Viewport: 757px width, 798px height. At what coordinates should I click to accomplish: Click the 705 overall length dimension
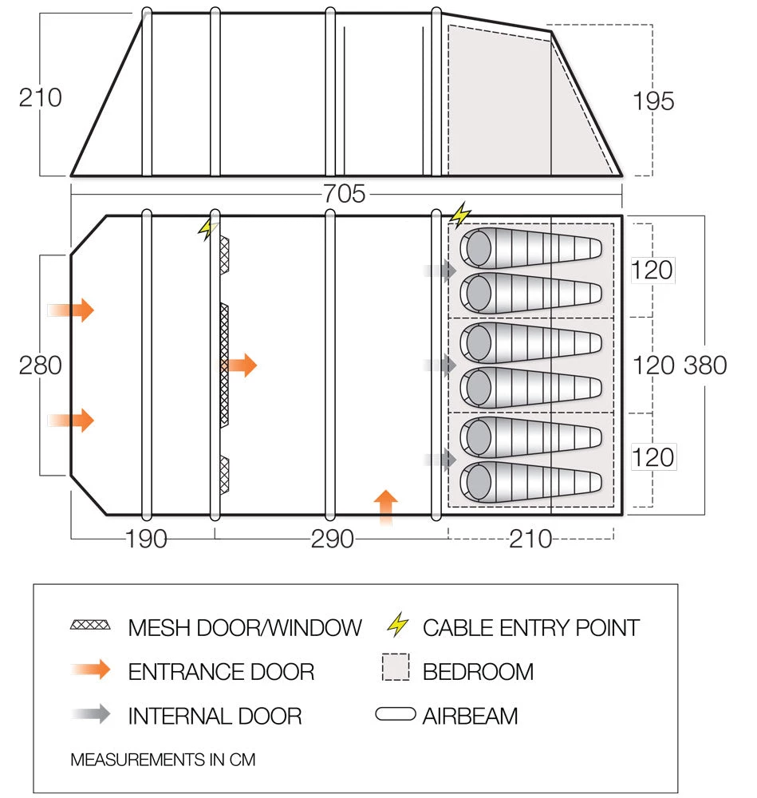tap(345, 194)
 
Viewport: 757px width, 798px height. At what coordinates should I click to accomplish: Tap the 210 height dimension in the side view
tap(40, 97)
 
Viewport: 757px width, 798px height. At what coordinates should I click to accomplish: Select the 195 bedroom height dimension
tap(653, 101)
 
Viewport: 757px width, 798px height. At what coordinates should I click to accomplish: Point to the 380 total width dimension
tap(705, 365)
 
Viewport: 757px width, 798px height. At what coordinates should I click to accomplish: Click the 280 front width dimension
tap(40, 365)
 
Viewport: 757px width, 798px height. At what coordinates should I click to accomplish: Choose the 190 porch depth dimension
tap(146, 539)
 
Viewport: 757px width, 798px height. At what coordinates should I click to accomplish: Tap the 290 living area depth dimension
tap(332, 539)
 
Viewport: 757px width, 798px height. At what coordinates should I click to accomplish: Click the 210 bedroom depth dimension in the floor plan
tap(530, 539)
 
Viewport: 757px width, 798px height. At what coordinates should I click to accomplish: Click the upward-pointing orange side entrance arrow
tap(385, 508)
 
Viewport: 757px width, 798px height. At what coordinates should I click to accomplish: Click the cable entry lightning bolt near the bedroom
tap(460, 214)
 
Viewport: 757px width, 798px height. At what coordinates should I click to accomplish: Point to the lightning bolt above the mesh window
tap(207, 229)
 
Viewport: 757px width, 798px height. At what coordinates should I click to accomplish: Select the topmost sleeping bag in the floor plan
tap(530, 248)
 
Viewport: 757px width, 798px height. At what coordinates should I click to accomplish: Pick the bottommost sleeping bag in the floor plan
tap(530, 482)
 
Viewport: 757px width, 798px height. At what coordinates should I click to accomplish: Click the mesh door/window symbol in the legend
tap(90, 625)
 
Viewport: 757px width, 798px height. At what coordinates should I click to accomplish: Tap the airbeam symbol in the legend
tap(395, 714)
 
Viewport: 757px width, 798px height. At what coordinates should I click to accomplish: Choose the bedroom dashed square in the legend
tap(395, 669)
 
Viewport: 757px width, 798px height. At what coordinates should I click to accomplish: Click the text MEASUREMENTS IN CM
tap(163, 759)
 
